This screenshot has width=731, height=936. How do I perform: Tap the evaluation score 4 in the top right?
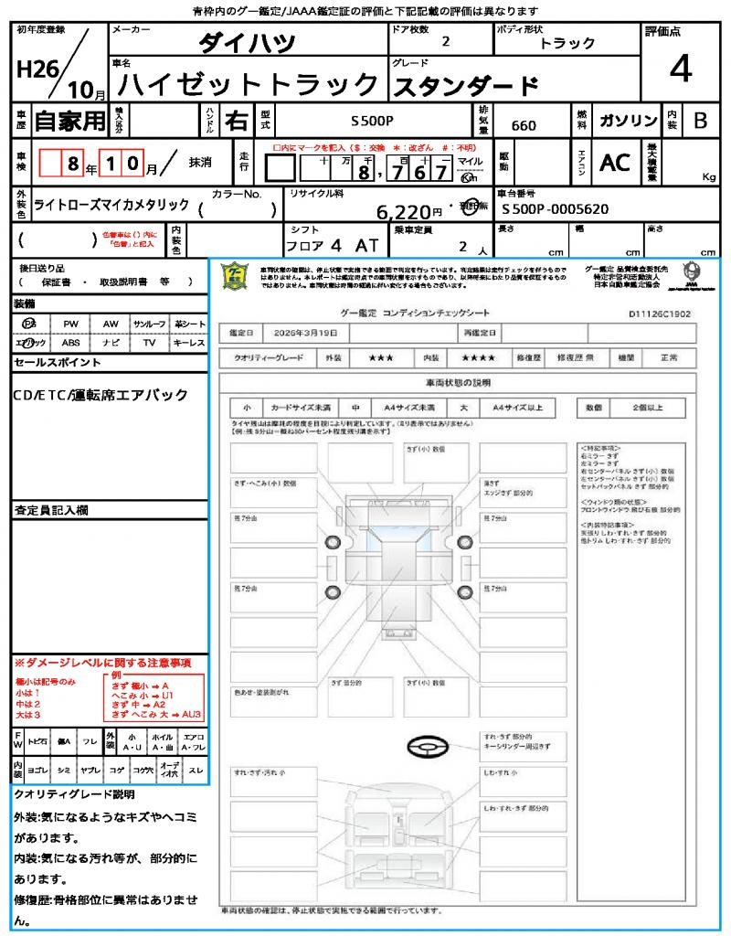click(679, 69)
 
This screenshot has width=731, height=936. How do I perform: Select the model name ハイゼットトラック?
click(249, 85)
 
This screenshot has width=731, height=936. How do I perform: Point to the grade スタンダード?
click(465, 87)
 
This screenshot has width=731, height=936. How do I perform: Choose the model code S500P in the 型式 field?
click(372, 121)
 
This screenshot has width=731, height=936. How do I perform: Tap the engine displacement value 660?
click(524, 126)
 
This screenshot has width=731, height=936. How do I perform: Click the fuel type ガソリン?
click(628, 121)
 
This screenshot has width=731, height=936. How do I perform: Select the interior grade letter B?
click(700, 121)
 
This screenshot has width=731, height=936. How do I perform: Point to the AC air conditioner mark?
click(615, 163)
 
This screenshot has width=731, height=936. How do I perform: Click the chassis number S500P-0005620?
click(556, 209)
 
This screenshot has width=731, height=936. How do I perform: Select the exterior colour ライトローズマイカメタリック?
click(111, 205)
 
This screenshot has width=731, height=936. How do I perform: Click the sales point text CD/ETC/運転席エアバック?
click(101, 395)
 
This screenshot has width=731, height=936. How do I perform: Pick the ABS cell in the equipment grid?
click(70, 343)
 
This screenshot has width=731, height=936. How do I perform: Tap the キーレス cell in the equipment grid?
click(189, 343)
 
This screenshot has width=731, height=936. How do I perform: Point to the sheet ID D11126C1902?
click(660, 313)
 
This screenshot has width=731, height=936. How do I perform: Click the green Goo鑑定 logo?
click(236, 276)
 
